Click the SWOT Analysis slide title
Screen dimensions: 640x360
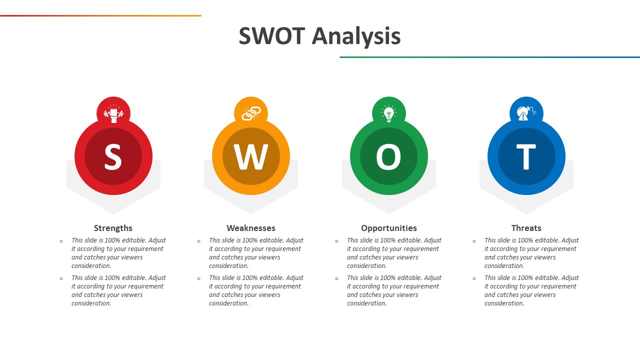tap(319, 36)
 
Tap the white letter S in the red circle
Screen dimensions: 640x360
tap(113, 156)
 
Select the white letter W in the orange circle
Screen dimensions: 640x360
tap(251, 156)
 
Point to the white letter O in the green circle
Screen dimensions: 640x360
tap(388, 156)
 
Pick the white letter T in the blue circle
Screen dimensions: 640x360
tap(526, 156)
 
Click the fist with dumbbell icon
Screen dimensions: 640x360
tap(113, 113)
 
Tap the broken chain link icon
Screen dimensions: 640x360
tap(251, 113)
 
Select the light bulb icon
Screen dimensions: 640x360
tap(389, 113)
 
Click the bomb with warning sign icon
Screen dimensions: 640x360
tap(526, 113)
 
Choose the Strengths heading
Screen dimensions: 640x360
tap(113, 228)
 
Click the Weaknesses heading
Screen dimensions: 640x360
tap(251, 228)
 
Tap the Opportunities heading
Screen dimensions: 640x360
tap(389, 228)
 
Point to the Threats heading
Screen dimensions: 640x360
tap(526, 228)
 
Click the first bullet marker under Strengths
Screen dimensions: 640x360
tap(61, 241)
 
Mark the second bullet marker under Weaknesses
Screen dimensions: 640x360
tap(198, 278)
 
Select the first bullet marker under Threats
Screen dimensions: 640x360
tap(474, 241)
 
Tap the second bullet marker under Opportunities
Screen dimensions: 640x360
tap(336, 278)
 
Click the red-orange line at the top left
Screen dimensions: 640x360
tap(100, 15)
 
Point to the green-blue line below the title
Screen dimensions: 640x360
tap(489, 57)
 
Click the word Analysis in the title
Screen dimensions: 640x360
tap(356, 36)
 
